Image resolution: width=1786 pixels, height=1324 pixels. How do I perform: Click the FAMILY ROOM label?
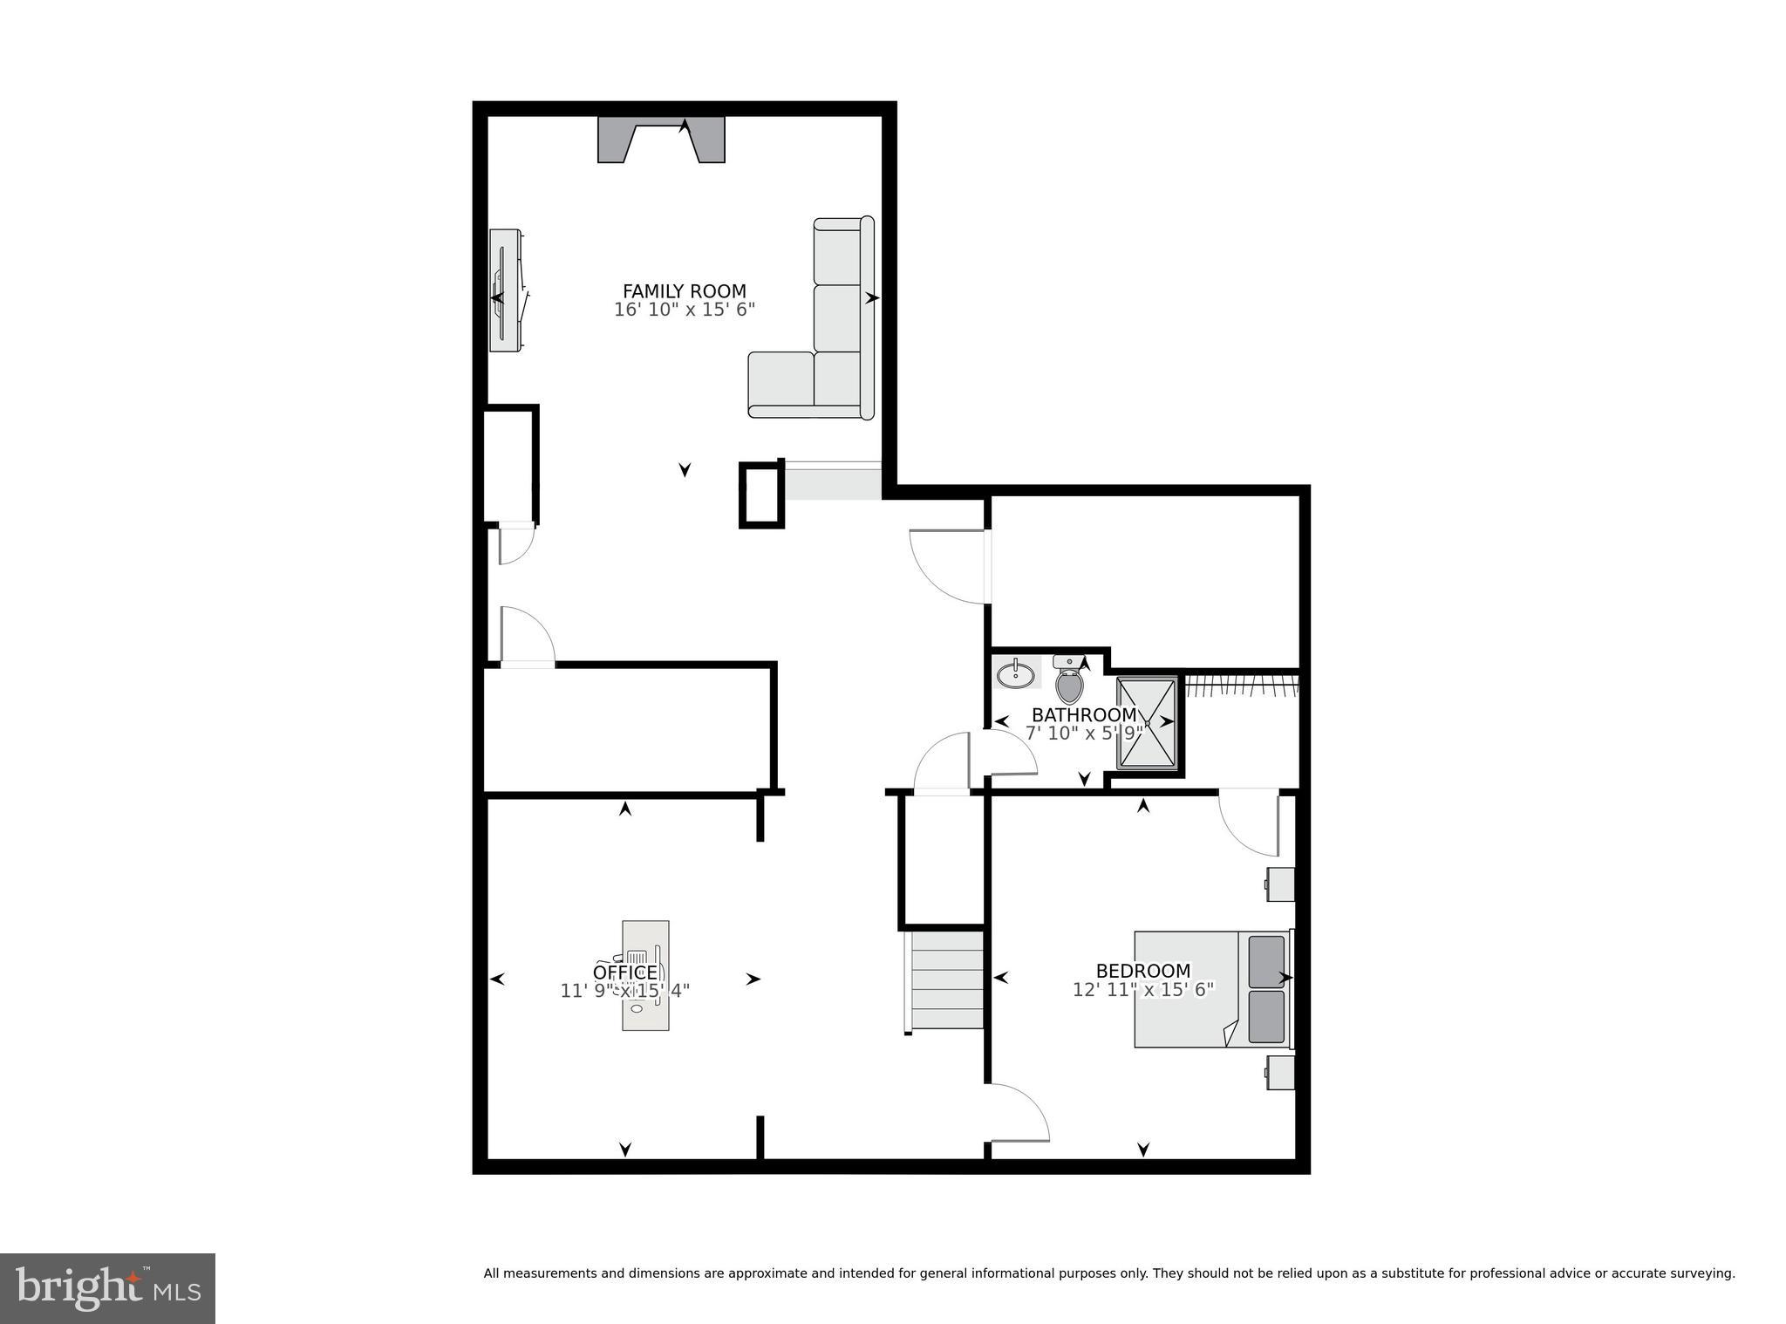point(684,291)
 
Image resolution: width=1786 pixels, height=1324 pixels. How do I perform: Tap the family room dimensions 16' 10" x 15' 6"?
point(684,310)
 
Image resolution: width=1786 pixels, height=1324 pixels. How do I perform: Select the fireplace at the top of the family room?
point(661,140)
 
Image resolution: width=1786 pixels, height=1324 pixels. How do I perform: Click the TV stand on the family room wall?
point(505,290)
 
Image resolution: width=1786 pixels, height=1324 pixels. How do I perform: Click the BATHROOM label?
point(1084,715)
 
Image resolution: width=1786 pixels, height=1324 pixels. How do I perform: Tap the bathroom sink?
point(1016,673)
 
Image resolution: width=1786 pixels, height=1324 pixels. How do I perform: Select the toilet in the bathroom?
point(1069,680)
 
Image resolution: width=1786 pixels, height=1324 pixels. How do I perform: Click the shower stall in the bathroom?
point(1147,723)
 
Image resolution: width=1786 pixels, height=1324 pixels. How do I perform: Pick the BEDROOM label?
point(1142,971)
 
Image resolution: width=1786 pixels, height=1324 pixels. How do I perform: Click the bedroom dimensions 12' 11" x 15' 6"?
point(1142,989)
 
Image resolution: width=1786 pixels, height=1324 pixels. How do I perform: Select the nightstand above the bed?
point(1280,884)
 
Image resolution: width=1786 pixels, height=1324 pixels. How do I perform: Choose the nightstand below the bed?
point(1280,1073)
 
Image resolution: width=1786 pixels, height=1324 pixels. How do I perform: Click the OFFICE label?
point(624,973)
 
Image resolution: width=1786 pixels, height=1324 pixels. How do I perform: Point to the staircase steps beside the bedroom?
point(947,980)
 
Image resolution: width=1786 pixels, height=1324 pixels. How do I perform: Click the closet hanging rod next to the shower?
point(1242,686)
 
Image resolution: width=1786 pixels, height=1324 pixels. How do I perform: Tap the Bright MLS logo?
point(107,1287)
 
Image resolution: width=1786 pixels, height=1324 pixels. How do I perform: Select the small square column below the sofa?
point(761,495)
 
